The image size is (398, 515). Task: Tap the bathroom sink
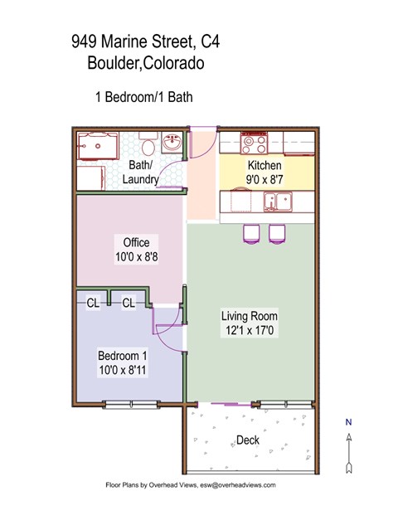click(x=174, y=143)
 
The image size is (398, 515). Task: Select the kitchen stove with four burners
click(x=254, y=143)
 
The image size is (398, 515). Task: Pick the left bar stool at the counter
click(x=250, y=234)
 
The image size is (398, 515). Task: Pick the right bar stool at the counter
click(x=275, y=234)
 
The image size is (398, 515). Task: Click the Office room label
click(x=136, y=242)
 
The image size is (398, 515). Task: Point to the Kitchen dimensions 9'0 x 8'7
click(x=264, y=178)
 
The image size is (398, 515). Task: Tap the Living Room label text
click(x=249, y=316)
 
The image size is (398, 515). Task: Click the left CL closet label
click(x=93, y=304)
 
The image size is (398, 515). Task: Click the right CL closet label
click(x=129, y=304)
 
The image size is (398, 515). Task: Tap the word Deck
click(x=247, y=440)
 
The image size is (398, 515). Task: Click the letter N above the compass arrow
click(x=349, y=422)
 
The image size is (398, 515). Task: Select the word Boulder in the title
click(x=115, y=64)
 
